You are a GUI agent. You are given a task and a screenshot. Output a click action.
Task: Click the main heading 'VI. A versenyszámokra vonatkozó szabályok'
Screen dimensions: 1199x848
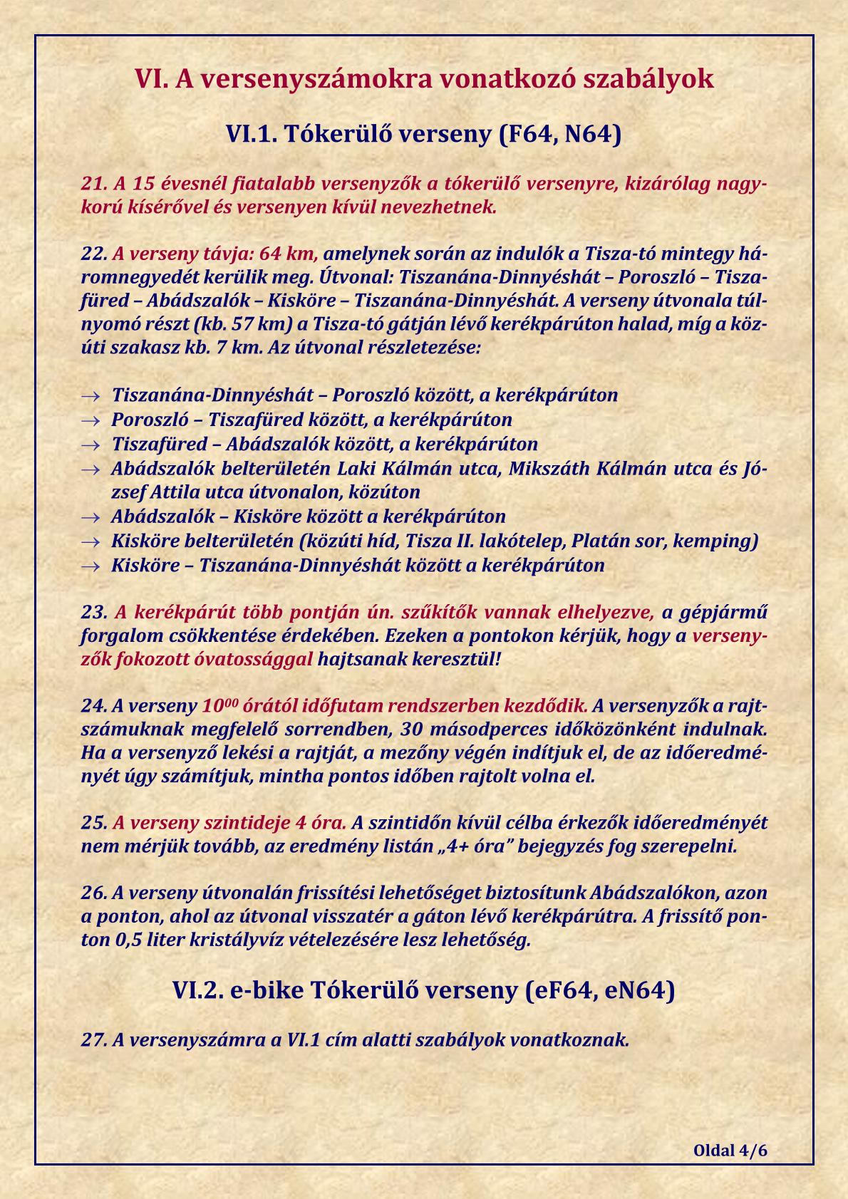pyautogui.click(x=424, y=78)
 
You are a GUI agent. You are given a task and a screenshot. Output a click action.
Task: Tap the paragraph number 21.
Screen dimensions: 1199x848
pyautogui.click(x=93, y=184)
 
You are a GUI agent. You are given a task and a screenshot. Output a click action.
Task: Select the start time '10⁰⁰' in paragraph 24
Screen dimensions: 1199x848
pyautogui.click(x=219, y=706)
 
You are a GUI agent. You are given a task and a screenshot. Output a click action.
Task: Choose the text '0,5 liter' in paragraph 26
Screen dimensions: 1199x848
pyautogui.click(x=150, y=940)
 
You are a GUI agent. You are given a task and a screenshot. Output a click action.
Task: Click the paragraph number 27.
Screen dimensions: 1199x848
pyautogui.click(x=93, y=1039)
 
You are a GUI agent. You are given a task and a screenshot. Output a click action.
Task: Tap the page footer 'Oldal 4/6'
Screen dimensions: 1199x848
pyautogui.click(x=730, y=1151)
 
